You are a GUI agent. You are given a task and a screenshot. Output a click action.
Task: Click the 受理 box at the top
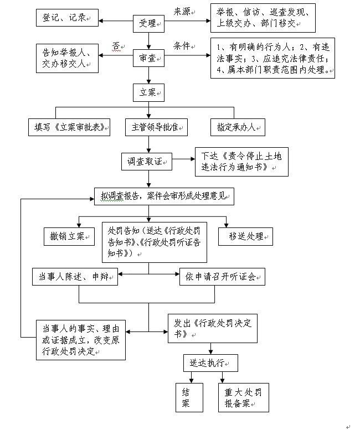tap(148, 24)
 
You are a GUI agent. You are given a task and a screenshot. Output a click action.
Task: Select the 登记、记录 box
tap(63, 18)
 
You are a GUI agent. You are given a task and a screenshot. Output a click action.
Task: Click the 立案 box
tap(148, 93)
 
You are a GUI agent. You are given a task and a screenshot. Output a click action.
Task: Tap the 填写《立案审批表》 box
tap(69, 127)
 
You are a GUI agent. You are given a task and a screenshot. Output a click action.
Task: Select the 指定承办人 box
tap(237, 127)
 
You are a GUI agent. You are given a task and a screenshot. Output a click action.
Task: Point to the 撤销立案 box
tap(69, 236)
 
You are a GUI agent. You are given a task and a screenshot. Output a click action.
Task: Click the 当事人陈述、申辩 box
tap(75, 277)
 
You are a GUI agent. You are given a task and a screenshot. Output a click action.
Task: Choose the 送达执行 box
tap(210, 362)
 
